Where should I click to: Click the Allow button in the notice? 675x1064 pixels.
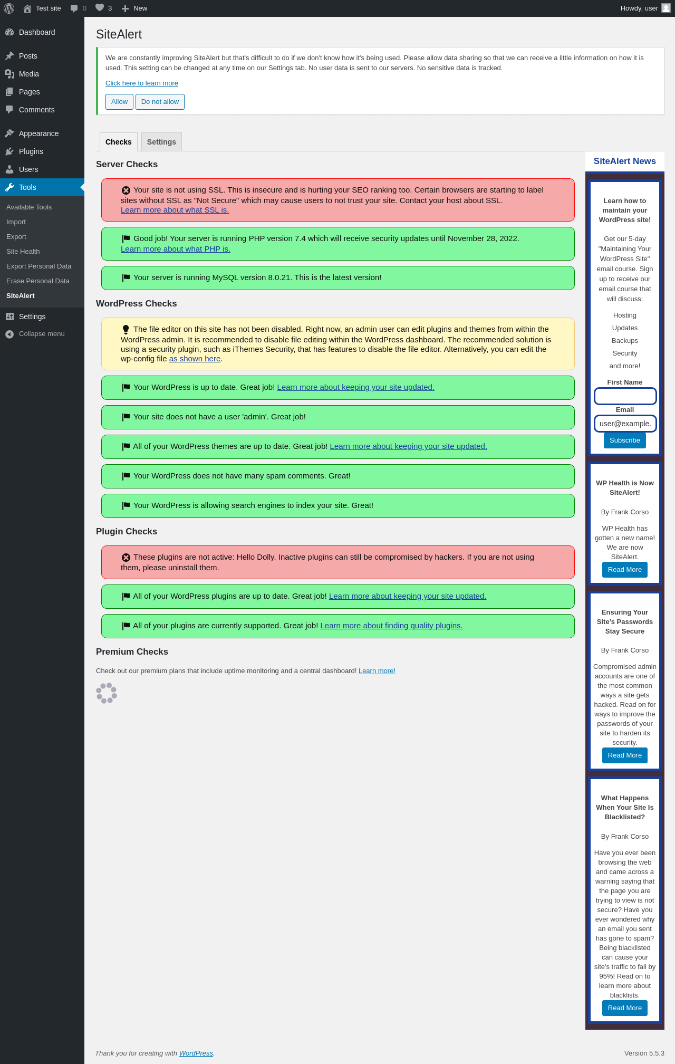(x=119, y=102)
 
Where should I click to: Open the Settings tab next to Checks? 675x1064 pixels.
(x=161, y=142)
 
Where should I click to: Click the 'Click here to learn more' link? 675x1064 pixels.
(x=142, y=83)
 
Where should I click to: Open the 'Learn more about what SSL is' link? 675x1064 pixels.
(x=175, y=210)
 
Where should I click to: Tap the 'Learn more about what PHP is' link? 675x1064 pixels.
(x=176, y=249)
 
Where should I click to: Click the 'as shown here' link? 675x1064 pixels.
(x=195, y=359)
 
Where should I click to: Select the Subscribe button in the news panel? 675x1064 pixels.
(x=625, y=440)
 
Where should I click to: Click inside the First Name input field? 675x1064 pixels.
(x=625, y=396)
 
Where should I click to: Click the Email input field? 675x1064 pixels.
(x=625, y=424)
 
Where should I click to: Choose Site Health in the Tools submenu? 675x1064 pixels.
(x=23, y=252)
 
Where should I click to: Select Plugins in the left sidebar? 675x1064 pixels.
(x=31, y=151)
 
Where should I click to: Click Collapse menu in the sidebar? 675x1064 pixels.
(x=42, y=334)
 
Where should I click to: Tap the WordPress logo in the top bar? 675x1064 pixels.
(x=9, y=8)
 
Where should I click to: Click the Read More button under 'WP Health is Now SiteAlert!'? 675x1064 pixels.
(x=625, y=570)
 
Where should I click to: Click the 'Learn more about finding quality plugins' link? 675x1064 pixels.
(x=391, y=626)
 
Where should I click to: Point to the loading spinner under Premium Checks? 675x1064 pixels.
(x=107, y=693)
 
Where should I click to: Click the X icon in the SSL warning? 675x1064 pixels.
(x=126, y=190)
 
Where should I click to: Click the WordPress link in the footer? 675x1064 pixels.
(x=196, y=1053)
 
